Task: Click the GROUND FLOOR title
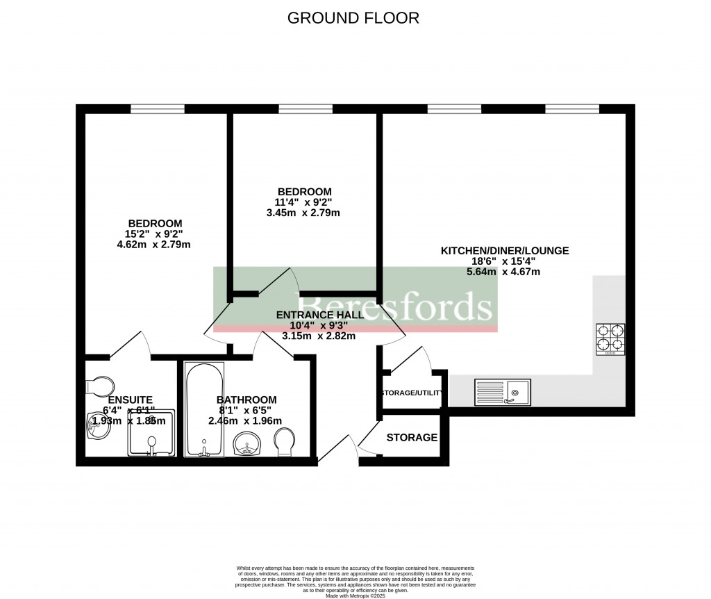[x=353, y=18]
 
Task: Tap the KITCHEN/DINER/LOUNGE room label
[x=505, y=250]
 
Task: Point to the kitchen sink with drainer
[x=502, y=392]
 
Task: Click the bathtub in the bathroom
[x=204, y=409]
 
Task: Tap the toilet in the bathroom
[x=285, y=442]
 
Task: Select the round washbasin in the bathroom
[x=247, y=445]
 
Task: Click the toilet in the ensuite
[x=100, y=386]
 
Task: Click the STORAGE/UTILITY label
[x=411, y=393]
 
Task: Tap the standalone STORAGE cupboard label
[x=412, y=438]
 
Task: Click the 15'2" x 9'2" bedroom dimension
[x=154, y=234]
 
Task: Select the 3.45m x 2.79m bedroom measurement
[x=303, y=213]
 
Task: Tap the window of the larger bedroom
[x=158, y=108]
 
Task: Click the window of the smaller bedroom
[x=305, y=108]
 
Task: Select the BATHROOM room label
[x=246, y=400]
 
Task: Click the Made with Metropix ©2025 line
[x=354, y=594]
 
